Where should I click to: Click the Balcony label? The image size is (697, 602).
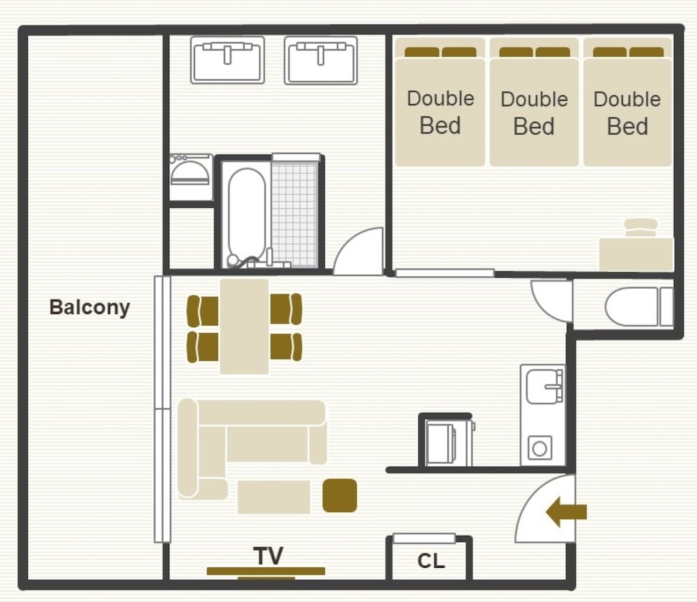[89, 308]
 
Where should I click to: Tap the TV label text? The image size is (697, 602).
[268, 556]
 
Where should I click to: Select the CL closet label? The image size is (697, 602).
[431, 561]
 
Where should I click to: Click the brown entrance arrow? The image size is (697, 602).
[566, 512]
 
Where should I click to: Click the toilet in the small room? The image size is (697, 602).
[638, 306]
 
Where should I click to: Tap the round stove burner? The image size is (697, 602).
[539, 448]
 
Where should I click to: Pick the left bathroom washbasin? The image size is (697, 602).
[228, 60]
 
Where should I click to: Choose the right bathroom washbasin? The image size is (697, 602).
[321, 60]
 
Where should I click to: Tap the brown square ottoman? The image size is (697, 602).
[339, 495]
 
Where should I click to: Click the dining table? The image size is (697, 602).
[244, 326]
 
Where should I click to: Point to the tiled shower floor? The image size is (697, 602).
[295, 214]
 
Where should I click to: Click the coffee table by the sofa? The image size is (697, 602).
[274, 497]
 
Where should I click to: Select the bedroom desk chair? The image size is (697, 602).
[641, 227]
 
